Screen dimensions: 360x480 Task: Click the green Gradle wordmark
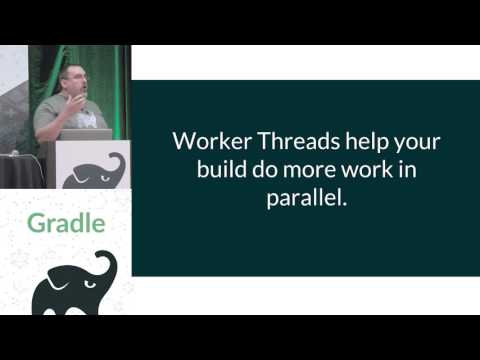point(65,222)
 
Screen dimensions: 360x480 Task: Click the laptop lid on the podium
point(93,134)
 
